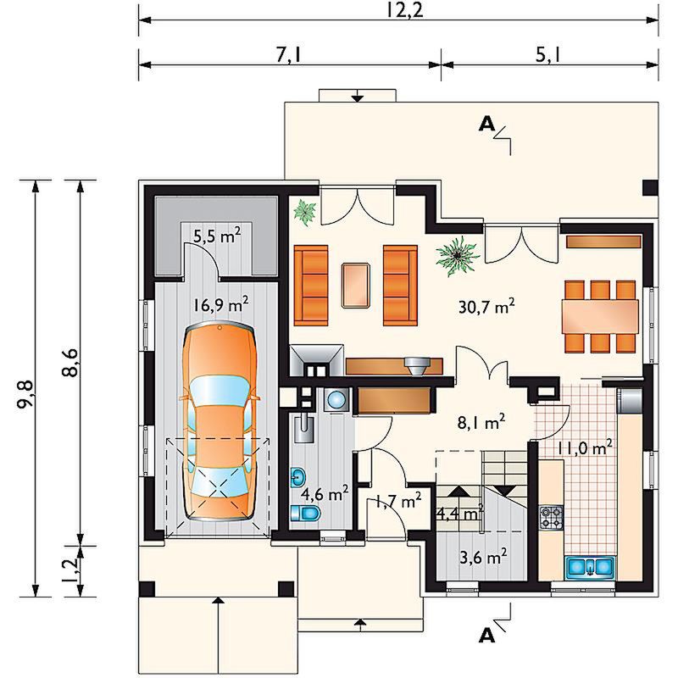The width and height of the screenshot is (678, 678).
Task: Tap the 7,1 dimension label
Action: tap(288, 55)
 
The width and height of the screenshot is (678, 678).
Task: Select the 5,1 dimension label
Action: tap(548, 55)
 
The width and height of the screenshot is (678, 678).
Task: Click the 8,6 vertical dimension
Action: tap(70, 363)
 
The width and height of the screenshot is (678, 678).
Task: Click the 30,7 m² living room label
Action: tap(486, 307)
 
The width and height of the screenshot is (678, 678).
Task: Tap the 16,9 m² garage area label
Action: tap(220, 304)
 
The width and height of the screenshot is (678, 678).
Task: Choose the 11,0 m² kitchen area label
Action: tap(585, 448)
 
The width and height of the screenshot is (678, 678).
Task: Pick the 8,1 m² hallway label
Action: tap(481, 423)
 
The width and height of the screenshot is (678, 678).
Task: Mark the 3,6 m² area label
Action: tap(483, 558)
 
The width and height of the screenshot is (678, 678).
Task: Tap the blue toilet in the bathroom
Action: tap(306, 514)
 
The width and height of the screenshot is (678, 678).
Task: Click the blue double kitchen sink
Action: tap(589, 567)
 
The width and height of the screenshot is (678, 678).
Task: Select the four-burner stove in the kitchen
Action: tap(552, 517)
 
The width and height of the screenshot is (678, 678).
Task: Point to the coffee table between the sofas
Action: tap(356, 286)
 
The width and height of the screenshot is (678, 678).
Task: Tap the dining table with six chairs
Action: tap(601, 316)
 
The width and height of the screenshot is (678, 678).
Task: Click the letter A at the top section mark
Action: tap(487, 125)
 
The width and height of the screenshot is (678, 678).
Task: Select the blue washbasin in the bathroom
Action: tap(298, 476)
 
